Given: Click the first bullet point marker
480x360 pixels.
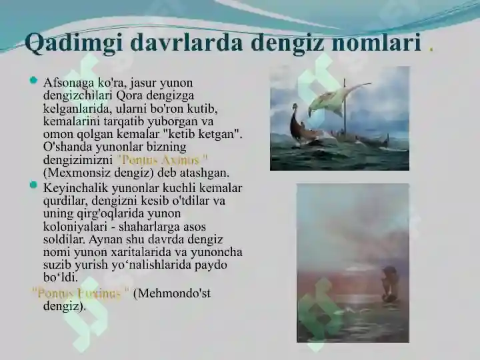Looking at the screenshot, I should pyautogui.click(x=34, y=81).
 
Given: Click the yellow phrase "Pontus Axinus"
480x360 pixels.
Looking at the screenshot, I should pyautogui.click(x=162, y=160).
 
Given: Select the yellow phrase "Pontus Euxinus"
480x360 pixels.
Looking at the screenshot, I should pyautogui.click(x=81, y=293).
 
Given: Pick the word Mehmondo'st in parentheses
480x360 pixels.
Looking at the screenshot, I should pyautogui.click(x=173, y=293).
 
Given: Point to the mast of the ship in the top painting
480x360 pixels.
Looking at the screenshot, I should pyautogui.click(x=345, y=110).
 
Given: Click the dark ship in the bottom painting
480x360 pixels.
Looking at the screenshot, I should pyautogui.click(x=389, y=280).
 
